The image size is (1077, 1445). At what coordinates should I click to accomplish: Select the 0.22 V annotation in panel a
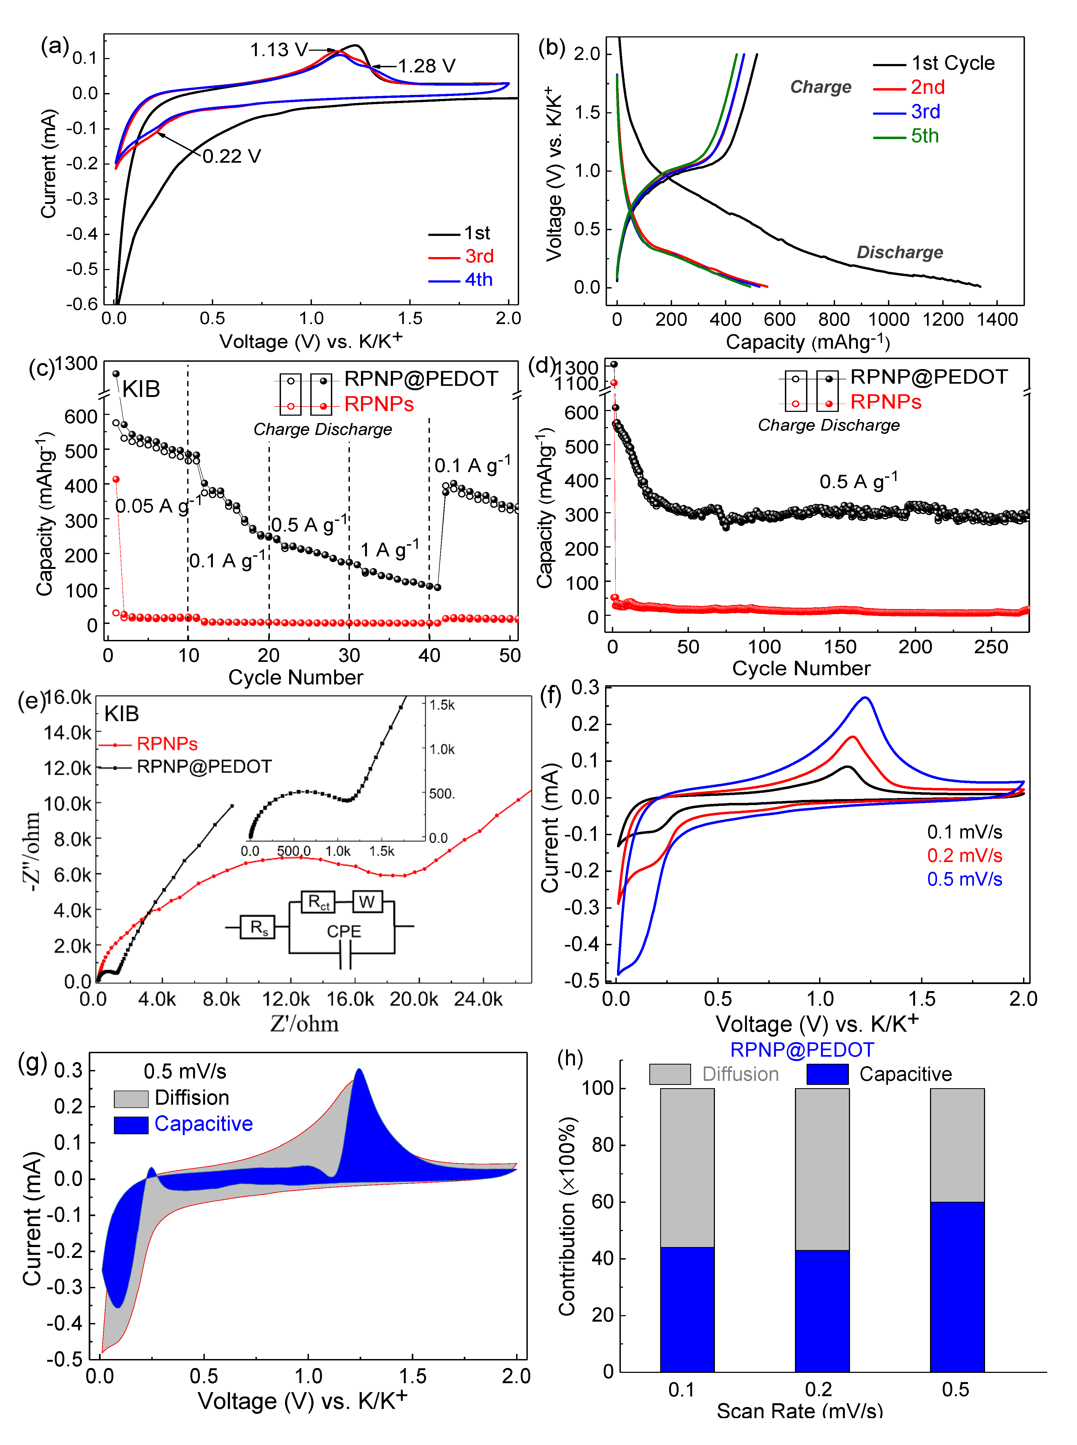point(231,156)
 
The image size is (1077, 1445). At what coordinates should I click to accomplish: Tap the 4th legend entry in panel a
point(478,280)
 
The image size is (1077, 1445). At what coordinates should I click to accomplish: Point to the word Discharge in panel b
point(900,252)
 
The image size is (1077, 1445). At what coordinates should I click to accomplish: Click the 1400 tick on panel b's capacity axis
point(998,319)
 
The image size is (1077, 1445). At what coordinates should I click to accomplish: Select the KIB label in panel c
point(141,389)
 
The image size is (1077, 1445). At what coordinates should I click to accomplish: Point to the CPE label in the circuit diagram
point(344,931)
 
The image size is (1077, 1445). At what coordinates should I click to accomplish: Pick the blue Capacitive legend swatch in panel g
point(131,1124)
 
